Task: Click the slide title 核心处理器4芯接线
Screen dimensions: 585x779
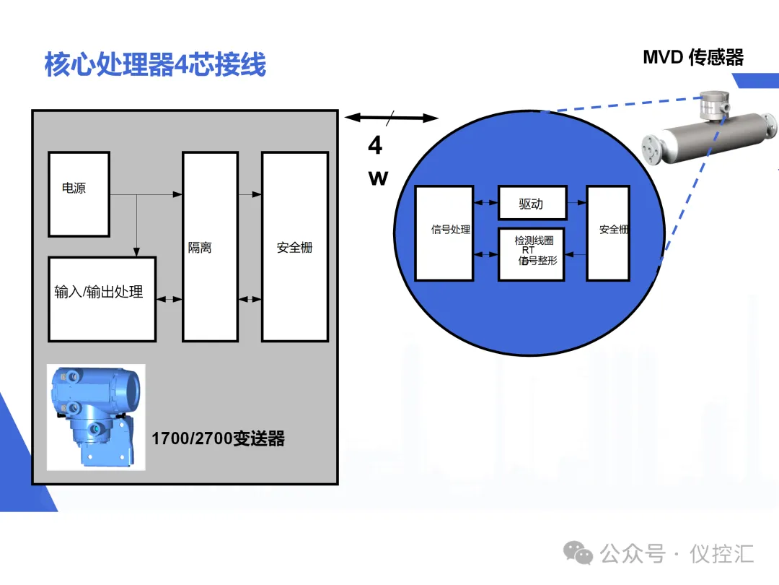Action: pyautogui.click(x=155, y=64)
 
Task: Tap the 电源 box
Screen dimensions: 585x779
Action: pyautogui.click(x=79, y=194)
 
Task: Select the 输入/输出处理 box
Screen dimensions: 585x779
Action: pyautogui.click(x=102, y=298)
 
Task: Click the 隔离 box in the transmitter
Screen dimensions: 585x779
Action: pyautogui.click(x=210, y=246)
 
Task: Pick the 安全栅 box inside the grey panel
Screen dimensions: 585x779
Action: pyautogui.click(x=294, y=246)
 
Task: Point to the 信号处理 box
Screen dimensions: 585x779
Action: pyautogui.click(x=444, y=233)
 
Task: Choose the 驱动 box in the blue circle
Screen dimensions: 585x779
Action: pyautogui.click(x=532, y=203)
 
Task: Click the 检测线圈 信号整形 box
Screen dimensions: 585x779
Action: pyautogui.click(x=532, y=253)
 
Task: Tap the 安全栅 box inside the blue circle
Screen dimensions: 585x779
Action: pyautogui.click(x=608, y=233)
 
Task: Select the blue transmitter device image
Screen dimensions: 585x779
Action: pyautogui.click(x=96, y=417)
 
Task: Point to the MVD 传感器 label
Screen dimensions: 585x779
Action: pyautogui.click(x=692, y=57)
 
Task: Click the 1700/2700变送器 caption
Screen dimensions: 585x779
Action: pyautogui.click(x=218, y=438)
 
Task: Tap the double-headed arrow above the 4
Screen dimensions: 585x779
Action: pyautogui.click(x=392, y=118)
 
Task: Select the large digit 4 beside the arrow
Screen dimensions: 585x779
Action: pyautogui.click(x=375, y=146)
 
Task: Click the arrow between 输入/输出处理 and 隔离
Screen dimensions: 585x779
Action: pyautogui.click(x=170, y=298)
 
